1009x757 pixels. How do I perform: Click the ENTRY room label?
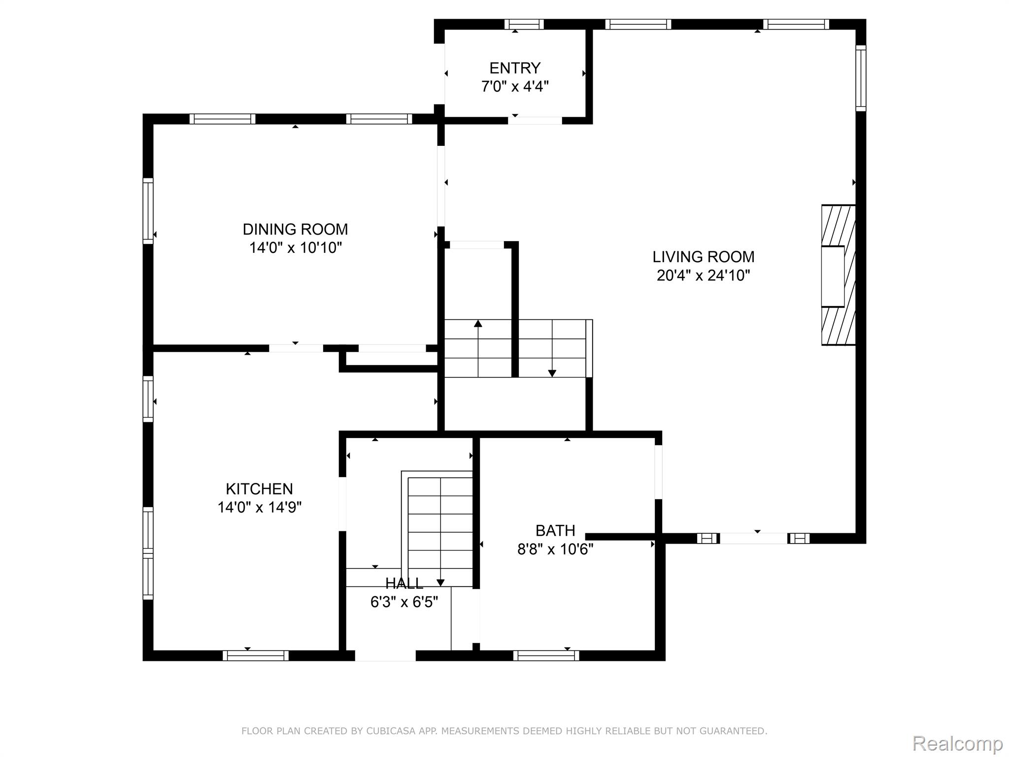[x=515, y=68]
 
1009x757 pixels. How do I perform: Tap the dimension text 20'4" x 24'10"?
[x=703, y=275]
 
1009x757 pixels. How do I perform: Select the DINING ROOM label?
[x=295, y=230]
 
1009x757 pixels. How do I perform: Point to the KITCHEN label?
[x=259, y=489]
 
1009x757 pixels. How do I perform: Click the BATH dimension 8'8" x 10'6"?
[x=555, y=549]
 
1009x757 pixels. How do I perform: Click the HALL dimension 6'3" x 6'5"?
[x=404, y=602]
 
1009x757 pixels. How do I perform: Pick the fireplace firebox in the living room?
[x=833, y=276]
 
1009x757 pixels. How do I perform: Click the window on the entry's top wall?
[x=524, y=24]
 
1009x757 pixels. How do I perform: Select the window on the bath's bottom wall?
[x=546, y=655]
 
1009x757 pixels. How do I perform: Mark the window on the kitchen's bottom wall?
[x=255, y=655]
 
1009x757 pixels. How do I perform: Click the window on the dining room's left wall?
[x=148, y=210]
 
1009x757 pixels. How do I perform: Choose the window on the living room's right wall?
[x=861, y=78]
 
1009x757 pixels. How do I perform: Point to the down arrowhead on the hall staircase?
[x=440, y=583]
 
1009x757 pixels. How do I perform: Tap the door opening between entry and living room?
[x=535, y=120]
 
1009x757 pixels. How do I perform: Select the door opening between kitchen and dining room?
[x=296, y=348]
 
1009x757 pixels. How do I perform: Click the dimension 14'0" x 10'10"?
[x=295, y=248]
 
